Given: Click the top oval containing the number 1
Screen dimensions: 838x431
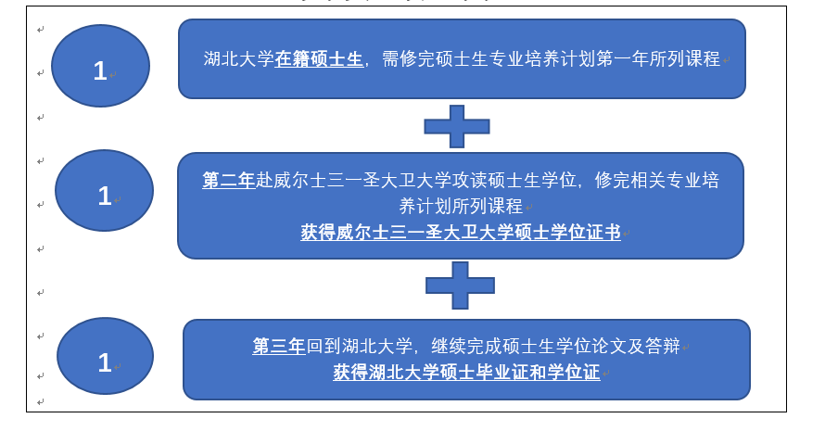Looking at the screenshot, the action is (x=100, y=66).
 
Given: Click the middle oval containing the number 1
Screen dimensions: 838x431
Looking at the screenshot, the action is (x=104, y=191).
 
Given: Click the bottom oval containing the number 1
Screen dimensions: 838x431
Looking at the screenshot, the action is (x=106, y=356).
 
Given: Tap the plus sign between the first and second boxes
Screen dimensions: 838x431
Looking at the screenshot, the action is (x=457, y=127).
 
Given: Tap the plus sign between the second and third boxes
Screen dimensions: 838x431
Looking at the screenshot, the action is (x=460, y=285).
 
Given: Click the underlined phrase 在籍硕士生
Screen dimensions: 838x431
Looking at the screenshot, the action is (x=319, y=58).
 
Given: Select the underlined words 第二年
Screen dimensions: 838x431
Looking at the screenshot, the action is (x=229, y=180).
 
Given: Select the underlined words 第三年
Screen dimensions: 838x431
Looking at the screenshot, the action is (x=279, y=346).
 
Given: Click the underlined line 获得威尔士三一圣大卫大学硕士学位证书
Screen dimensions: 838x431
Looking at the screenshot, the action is (x=461, y=233).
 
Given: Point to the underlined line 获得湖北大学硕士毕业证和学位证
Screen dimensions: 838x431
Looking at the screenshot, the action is (x=466, y=373).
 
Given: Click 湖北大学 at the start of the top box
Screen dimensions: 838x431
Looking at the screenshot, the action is (x=239, y=58).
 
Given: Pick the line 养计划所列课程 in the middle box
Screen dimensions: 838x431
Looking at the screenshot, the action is (x=461, y=206).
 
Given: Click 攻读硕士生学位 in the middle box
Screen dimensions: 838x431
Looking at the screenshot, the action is (x=514, y=180).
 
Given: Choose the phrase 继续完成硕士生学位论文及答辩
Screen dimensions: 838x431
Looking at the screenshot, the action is (x=556, y=346).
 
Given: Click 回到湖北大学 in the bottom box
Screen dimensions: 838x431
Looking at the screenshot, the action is (x=359, y=346).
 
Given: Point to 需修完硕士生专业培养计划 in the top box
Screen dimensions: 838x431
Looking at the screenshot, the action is (x=489, y=58).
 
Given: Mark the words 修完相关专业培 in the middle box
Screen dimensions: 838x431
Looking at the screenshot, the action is (x=657, y=180).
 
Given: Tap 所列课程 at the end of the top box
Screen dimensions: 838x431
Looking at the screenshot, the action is (x=685, y=58).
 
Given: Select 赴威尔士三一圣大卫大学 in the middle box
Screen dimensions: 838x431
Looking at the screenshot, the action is (x=354, y=180).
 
